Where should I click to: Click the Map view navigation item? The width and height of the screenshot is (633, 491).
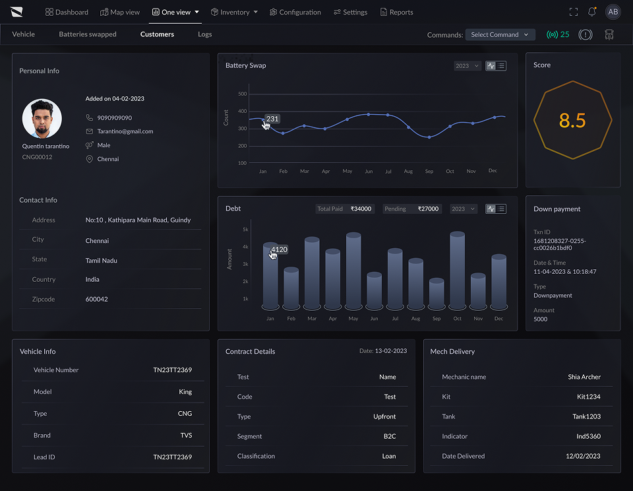120,12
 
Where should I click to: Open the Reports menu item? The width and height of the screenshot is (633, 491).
396,12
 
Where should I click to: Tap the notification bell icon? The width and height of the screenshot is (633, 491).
592,12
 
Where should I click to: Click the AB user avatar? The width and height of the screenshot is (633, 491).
613,12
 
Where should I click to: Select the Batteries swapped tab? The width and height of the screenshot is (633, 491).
88,34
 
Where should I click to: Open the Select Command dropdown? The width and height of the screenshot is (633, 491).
500,35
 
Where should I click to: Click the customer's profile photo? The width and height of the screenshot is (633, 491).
42,119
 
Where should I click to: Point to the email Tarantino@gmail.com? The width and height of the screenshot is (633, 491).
125,131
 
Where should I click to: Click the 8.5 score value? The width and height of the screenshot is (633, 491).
572,120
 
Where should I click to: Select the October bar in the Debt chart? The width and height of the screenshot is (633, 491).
458,271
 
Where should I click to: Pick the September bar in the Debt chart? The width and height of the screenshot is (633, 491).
437,294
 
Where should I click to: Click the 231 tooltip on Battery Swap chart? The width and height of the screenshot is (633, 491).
272,119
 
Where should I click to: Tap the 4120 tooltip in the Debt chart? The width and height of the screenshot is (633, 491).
279,249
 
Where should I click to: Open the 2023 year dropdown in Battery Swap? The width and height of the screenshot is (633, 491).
467,66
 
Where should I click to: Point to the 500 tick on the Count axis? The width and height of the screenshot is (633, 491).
242,94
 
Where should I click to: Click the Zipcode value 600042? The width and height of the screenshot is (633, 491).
96,299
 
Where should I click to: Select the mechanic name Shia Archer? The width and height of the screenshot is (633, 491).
584,377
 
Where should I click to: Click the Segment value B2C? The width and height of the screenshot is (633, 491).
390,436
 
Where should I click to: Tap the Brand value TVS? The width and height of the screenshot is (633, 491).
186,435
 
